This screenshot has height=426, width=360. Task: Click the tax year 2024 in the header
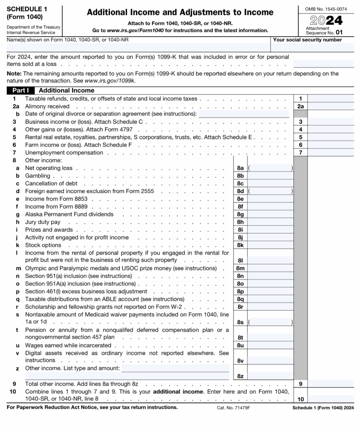326,20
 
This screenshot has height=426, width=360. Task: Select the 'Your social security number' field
313,47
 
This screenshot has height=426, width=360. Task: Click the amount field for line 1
330,99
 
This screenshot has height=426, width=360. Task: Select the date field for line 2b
243,114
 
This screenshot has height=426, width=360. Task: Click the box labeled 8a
240,168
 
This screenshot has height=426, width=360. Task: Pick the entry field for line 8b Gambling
270,176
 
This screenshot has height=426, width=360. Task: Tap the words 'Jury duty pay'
43,222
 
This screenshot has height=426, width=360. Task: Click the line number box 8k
240,245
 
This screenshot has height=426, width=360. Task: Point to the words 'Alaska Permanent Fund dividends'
69,214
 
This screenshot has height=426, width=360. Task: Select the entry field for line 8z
270,376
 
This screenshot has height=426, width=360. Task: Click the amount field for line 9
330,384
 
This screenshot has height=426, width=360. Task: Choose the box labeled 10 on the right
300,398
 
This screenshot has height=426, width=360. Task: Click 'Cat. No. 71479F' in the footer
233,408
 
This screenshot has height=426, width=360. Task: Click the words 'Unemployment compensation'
64,153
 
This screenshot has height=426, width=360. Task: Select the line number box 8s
240,322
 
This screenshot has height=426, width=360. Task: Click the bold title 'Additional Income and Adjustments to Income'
180,12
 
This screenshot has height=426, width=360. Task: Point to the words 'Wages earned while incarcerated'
68,345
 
